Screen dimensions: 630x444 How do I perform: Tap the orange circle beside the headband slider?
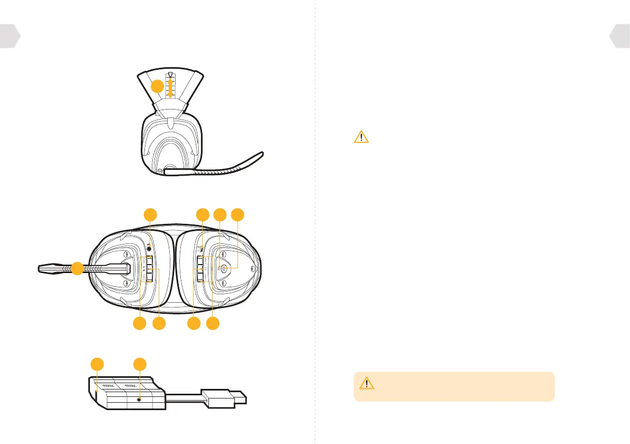[x=157, y=87]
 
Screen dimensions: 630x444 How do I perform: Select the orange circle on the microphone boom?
[x=77, y=269]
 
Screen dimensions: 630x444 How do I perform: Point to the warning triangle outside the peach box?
[x=361, y=137]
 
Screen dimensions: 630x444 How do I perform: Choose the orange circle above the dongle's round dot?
[x=140, y=364]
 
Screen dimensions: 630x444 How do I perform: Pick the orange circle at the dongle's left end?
[x=97, y=364]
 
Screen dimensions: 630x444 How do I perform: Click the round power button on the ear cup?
[x=224, y=269]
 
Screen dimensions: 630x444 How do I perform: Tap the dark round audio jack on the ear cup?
[x=151, y=246]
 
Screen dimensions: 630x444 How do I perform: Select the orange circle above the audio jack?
[x=151, y=214]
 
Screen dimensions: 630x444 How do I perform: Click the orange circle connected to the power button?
[x=239, y=214]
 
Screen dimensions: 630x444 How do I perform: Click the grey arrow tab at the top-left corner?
[x=10, y=35]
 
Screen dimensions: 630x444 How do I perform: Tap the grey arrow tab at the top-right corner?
[x=620, y=35]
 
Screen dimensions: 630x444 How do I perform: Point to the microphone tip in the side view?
[x=259, y=156]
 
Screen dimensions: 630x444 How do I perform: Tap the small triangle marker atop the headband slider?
[x=170, y=75]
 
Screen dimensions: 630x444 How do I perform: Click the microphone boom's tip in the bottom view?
[x=42, y=269]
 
